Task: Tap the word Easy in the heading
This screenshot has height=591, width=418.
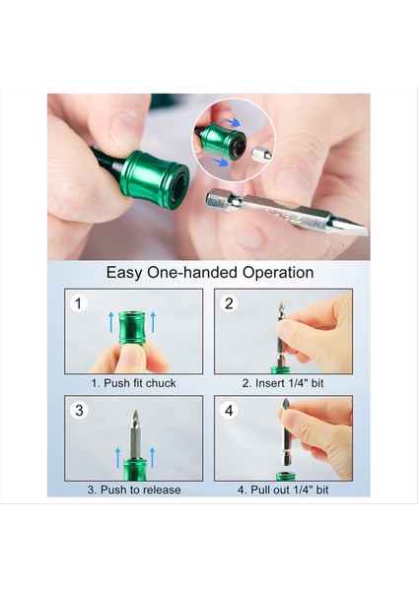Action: [126, 273]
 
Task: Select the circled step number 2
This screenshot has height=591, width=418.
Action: [230, 303]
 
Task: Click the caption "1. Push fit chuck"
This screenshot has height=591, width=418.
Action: [134, 382]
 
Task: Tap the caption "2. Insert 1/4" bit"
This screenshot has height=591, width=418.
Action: [283, 382]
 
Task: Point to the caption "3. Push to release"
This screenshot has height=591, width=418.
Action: [134, 490]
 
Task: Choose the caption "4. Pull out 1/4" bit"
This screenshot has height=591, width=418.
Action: [283, 490]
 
